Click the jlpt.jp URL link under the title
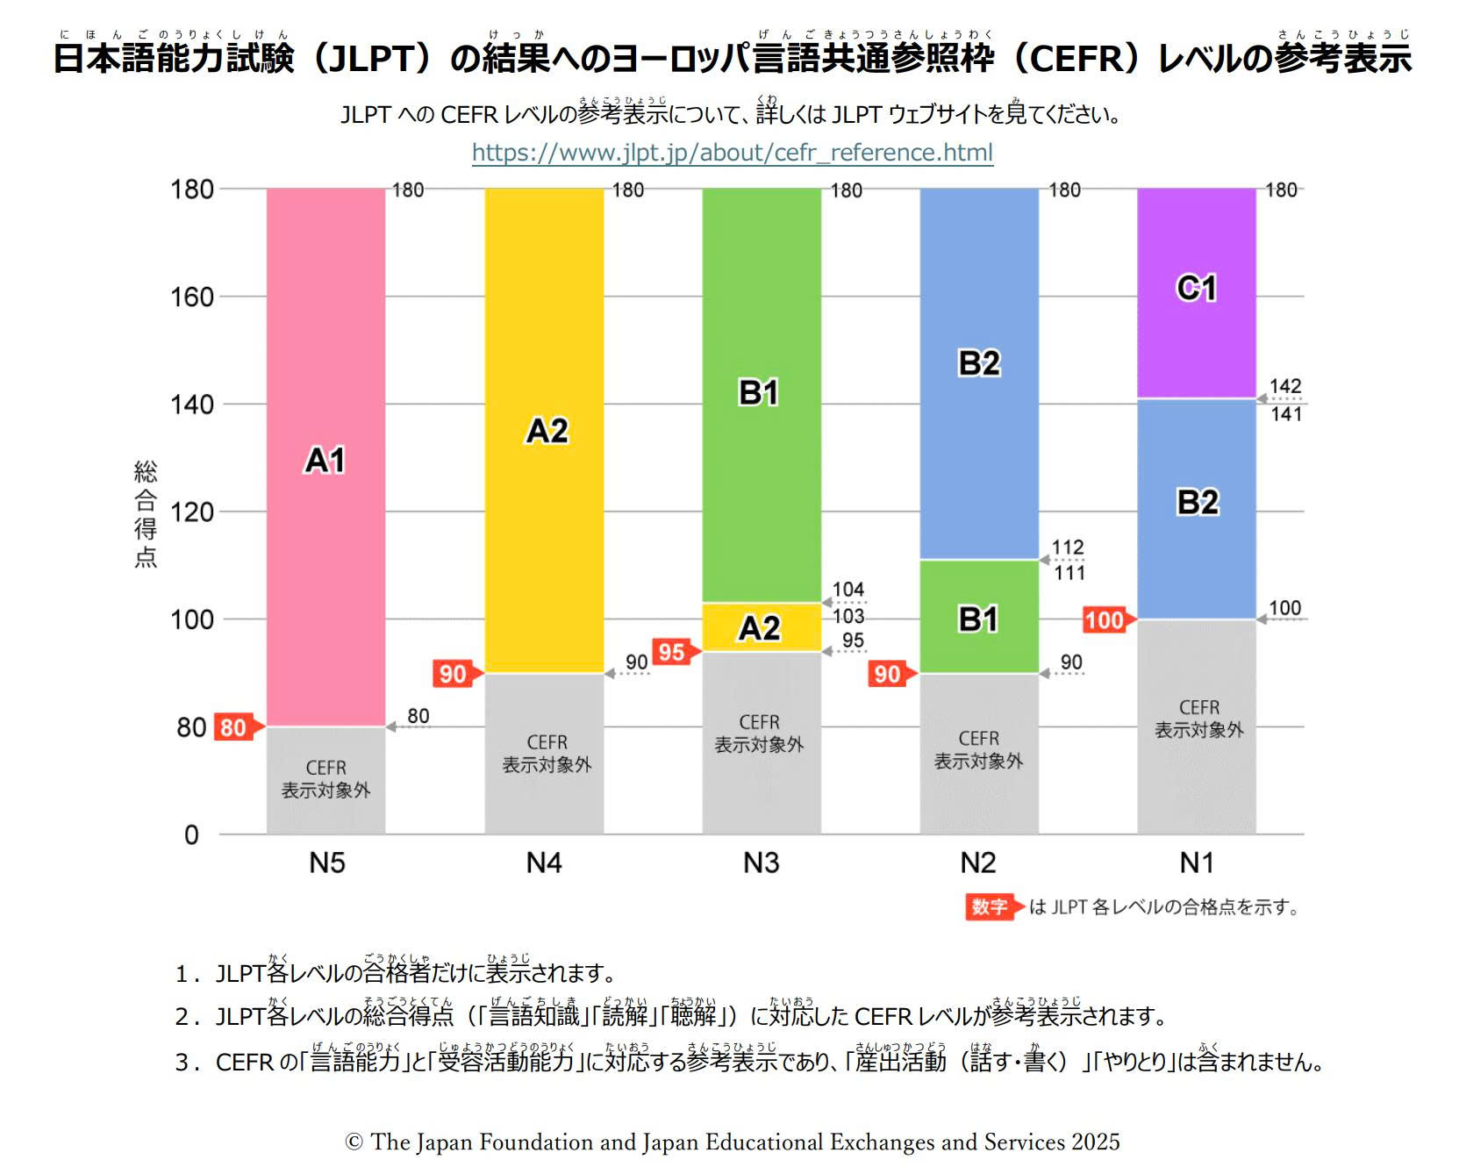pos(732,153)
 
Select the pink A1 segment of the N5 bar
pos(325,456)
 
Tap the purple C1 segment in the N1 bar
pos(1196,292)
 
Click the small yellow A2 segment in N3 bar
pos(761,627)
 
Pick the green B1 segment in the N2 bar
pos(978,617)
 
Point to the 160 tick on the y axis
pos(192,297)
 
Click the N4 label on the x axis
pos(544,863)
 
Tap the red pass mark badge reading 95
pos(673,652)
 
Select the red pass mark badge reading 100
pos(1105,620)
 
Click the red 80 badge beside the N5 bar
pos(234,727)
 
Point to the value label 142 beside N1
pos(1285,386)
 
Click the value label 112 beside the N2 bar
pos(1068,548)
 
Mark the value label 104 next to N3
pos(848,590)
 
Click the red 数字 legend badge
pos(990,906)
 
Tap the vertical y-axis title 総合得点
pos(146,514)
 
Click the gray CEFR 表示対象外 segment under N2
pos(978,751)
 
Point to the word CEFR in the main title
pos(1076,59)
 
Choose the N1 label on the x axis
pos(1197,863)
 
